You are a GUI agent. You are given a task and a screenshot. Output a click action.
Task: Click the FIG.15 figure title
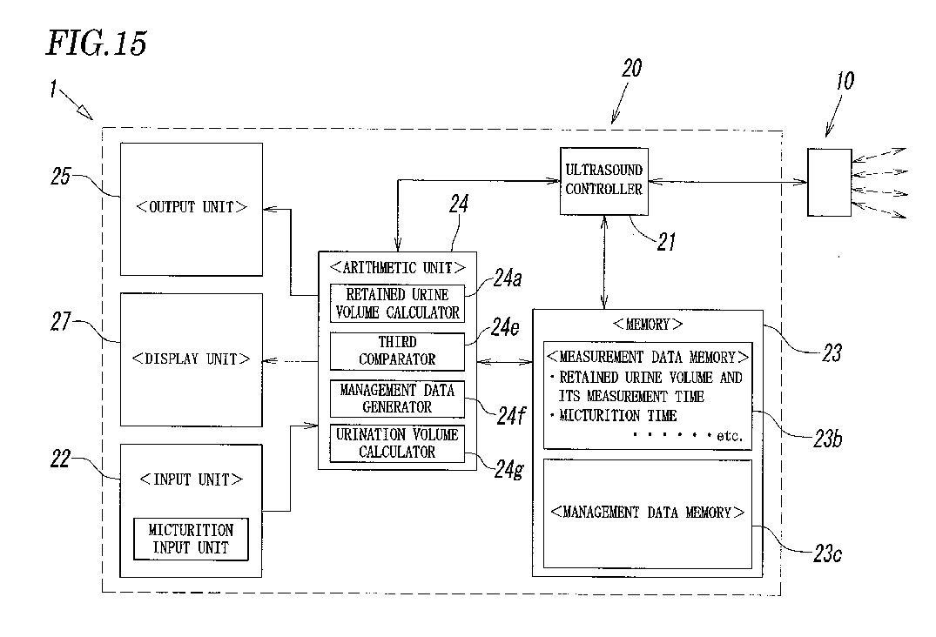pyautogui.click(x=96, y=44)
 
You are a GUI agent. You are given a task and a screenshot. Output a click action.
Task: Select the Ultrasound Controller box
pyautogui.click(x=603, y=181)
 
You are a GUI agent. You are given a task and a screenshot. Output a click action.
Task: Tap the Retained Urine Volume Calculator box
pyautogui.click(x=397, y=304)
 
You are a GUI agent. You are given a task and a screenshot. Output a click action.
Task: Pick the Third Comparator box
pyautogui.click(x=397, y=352)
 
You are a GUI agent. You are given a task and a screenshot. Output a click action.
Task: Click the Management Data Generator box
pyautogui.click(x=397, y=399)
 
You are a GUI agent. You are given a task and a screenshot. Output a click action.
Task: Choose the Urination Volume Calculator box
pyautogui.click(x=397, y=443)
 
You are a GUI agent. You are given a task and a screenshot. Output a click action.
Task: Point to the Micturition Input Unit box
pyautogui.click(x=191, y=540)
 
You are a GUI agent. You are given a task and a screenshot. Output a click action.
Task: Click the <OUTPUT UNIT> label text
pyautogui.click(x=191, y=207)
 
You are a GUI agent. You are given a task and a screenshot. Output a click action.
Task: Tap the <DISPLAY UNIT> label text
pyautogui.click(x=191, y=359)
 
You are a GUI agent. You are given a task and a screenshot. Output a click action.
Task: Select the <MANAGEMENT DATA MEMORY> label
pyautogui.click(x=647, y=513)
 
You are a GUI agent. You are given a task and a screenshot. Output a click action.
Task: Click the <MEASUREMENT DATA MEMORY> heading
pyautogui.click(x=647, y=358)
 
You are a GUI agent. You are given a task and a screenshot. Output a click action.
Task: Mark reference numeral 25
pyautogui.click(x=61, y=177)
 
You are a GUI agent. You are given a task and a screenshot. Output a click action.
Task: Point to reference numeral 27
pyautogui.click(x=61, y=322)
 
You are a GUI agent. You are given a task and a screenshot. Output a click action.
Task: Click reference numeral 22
pyautogui.click(x=61, y=459)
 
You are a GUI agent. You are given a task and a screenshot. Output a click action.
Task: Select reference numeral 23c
pyautogui.click(x=827, y=554)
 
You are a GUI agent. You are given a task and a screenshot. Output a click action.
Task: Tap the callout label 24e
pyautogui.click(x=505, y=327)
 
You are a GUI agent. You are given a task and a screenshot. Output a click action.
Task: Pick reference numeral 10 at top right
pyautogui.click(x=845, y=81)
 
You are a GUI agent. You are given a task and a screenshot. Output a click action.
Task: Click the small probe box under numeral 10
pyautogui.click(x=829, y=183)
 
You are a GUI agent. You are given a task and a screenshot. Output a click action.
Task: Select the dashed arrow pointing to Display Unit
pyautogui.click(x=291, y=361)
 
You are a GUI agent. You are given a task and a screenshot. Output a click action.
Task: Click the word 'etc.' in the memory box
pyautogui.click(x=730, y=436)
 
